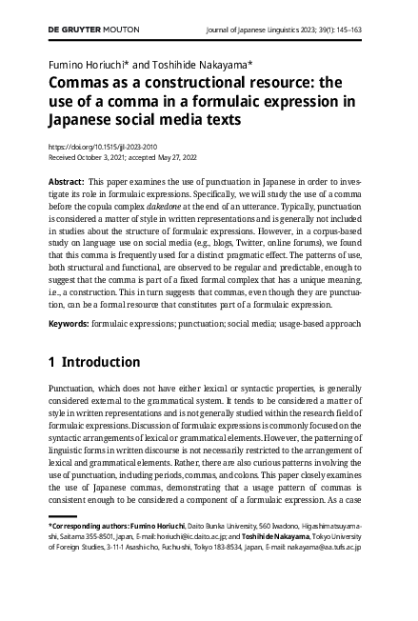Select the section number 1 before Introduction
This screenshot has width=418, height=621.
[51, 362]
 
